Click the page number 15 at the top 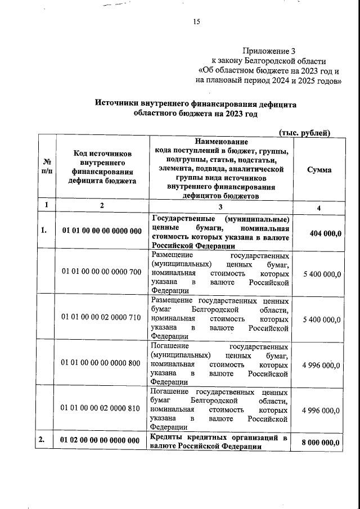[x=197, y=22]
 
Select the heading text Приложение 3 [x=268, y=51]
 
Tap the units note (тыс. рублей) [x=304, y=132]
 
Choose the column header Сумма [x=318, y=170]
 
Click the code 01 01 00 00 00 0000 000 [x=102, y=231]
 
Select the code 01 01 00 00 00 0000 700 [x=102, y=272]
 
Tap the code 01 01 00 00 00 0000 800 [x=102, y=363]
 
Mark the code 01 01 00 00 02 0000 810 [x=102, y=408]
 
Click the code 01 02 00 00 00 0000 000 [x=102, y=441]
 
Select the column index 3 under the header [x=221, y=205]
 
